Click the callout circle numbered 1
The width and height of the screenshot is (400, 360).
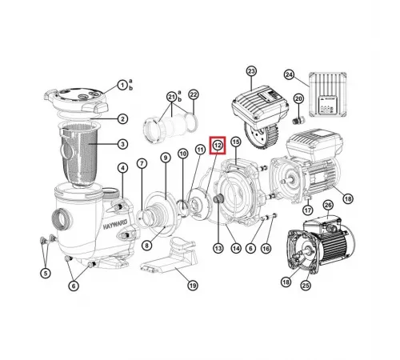click(122, 84)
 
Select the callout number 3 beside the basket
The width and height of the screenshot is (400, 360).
click(122, 144)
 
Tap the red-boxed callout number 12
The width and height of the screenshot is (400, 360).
click(217, 145)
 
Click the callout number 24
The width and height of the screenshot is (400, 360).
click(290, 75)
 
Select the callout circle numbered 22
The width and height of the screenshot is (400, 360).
click(194, 95)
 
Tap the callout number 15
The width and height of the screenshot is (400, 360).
click(235, 142)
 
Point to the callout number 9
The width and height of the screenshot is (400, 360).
click(166, 158)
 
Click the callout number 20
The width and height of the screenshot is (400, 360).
click(299, 98)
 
